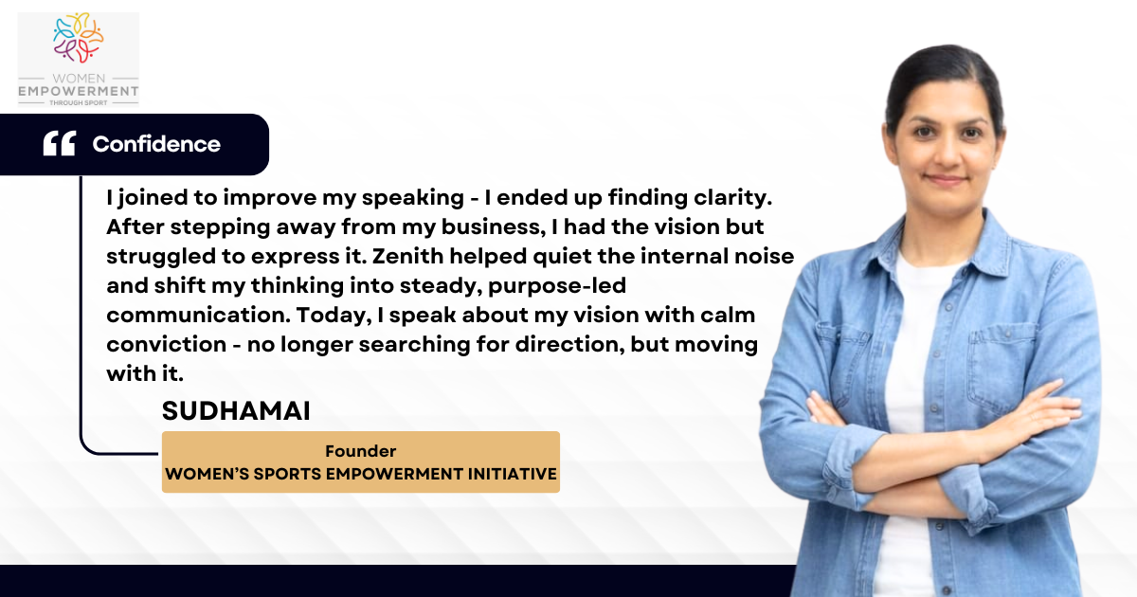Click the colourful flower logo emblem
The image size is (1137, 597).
point(78,38)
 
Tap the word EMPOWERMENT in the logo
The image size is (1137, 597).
point(78,91)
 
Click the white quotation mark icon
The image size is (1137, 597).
point(60,143)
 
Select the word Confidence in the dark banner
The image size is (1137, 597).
point(156,144)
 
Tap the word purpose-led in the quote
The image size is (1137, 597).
point(557,286)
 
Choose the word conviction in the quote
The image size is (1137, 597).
point(167,344)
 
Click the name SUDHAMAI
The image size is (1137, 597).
point(236,410)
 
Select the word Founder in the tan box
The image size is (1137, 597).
point(360,451)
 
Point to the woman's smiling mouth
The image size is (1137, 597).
point(946,180)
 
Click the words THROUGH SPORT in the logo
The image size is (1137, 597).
point(78,102)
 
